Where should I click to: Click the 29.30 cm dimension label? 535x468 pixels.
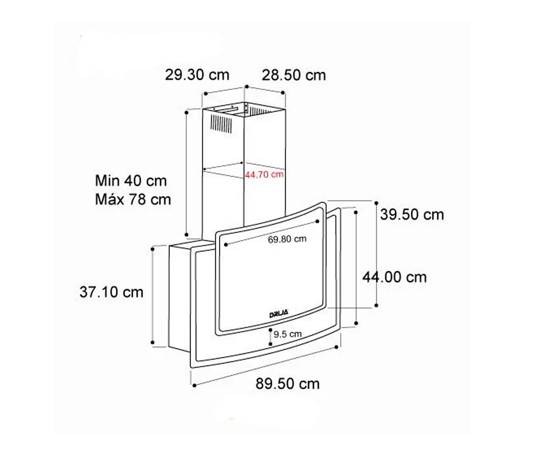pos(197,74)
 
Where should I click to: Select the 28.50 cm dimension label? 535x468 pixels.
pos(294,75)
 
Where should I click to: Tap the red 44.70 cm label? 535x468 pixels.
pos(264,175)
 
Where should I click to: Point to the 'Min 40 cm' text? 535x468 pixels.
pos(131,181)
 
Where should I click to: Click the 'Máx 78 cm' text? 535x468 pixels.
pos(133,200)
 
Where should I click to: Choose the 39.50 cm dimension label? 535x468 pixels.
pos(412,215)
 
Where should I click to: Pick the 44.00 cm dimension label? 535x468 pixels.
pos(394,277)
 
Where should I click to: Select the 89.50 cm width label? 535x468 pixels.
pos(287,383)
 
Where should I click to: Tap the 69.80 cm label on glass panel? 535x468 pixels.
pos(287,239)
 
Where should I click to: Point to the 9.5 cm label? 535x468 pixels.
pos(287,334)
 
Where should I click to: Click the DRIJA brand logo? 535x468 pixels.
pos(279,314)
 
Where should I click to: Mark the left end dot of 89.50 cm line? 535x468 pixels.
pos(194,386)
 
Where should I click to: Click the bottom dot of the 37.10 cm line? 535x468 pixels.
pos(152,342)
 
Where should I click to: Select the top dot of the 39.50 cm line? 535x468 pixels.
pos(376,203)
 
